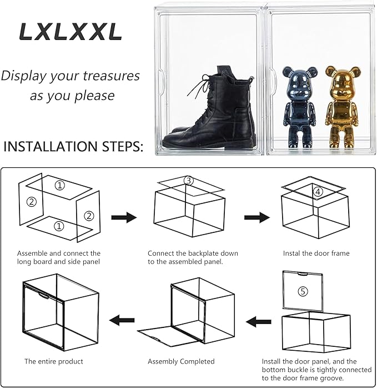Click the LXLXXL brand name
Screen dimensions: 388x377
coord(71,32)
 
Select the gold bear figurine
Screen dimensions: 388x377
coord(340,106)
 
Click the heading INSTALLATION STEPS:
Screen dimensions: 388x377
coord(73,147)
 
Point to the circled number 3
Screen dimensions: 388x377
coord(189,181)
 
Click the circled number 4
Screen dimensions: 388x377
coord(318,192)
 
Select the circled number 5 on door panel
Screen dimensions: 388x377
coord(301,291)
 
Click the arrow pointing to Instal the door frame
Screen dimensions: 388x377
coord(257,217)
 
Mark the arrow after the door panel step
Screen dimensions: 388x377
coord(258,321)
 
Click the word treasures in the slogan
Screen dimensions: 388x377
coord(110,76)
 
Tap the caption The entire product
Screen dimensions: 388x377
coord(53,361)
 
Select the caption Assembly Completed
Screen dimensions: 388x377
coord(181,361)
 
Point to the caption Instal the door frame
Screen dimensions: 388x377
coord(316,253)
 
